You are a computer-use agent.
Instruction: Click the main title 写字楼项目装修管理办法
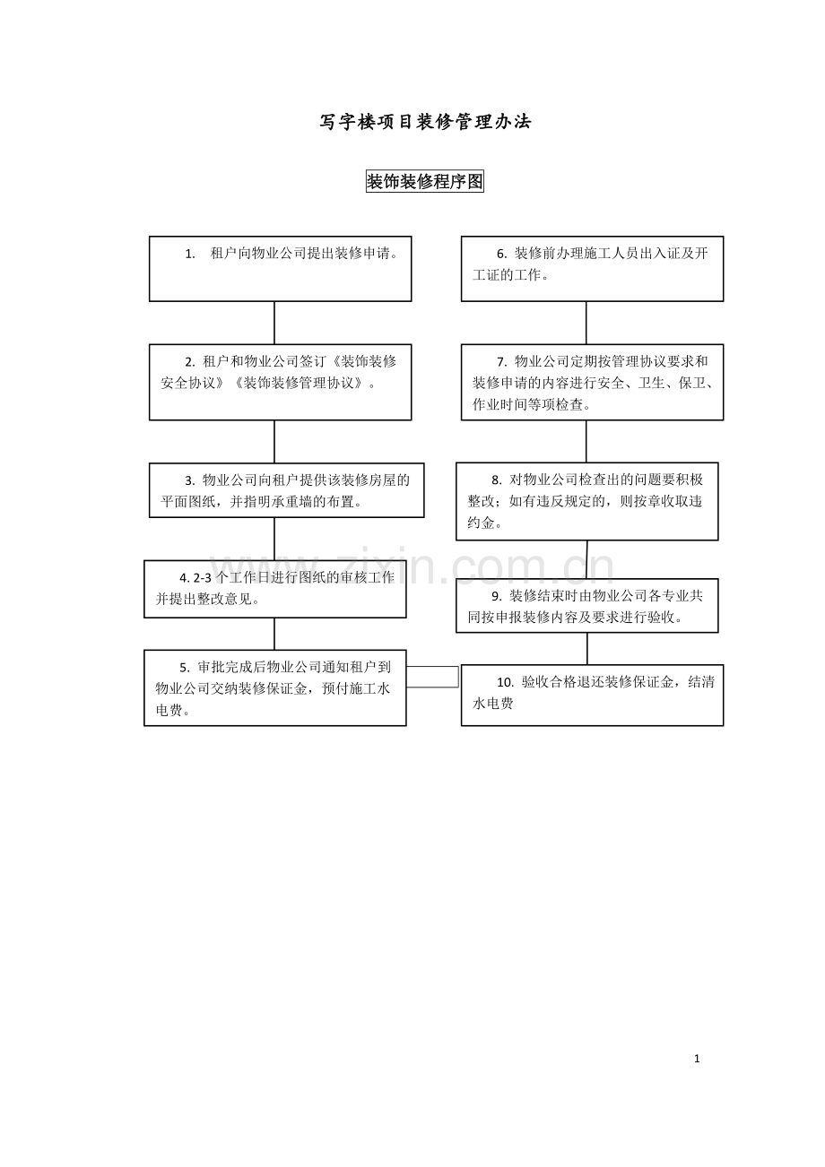pos(425,122)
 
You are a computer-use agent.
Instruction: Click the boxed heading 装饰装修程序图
pos(425,182)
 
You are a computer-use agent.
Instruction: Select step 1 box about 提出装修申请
pos(280,268)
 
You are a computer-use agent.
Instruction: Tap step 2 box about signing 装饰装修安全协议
pos(280,382)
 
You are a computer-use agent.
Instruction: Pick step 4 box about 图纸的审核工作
pos(274,589)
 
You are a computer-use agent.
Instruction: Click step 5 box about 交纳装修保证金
pos(274,687)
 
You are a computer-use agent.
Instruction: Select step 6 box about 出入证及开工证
pos(592,268)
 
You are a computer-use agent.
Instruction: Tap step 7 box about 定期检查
pos(592,382)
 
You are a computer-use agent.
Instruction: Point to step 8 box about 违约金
pos(586,501)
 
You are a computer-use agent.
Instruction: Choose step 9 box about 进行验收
pos(586,606)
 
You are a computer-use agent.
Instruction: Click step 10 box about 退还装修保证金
pos(592,695)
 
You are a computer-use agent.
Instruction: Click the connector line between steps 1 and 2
pos(274,323)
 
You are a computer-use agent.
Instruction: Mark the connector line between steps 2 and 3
pos(274,441)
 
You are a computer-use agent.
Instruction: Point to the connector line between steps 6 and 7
pos(586,323)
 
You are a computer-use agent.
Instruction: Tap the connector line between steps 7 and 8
pos(586,441)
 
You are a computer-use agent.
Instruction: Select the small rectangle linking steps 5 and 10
pos(432,677)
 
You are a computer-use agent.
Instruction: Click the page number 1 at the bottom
pos(697,1059)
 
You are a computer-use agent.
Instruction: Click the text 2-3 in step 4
pos(203,578)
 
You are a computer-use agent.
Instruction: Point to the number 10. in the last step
pos(505,683)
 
